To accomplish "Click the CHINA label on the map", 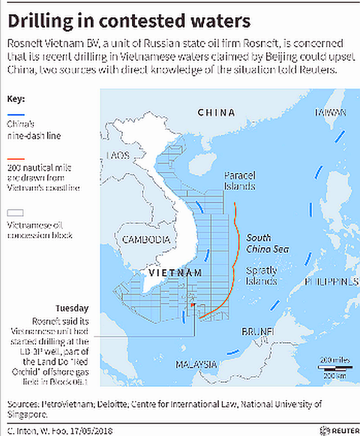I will (x=216, y=112).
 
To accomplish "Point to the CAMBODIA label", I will (x=144, y=240).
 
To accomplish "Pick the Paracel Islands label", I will (x=241, y=181).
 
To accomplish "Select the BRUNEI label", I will (x=257, y=330).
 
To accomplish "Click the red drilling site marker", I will (x=193, y=305).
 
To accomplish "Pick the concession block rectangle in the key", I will (x=11, y=213).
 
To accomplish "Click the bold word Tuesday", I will (x=72, y=308).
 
